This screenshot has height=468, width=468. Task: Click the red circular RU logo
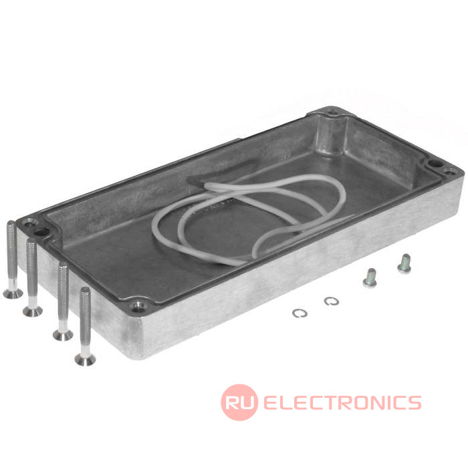pos(239,402)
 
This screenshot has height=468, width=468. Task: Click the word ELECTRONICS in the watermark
pos(342,402)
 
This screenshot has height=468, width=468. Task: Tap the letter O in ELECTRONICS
pos(362,402)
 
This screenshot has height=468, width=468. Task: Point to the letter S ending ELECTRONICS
pos(415,402)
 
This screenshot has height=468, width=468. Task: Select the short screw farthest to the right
pos(404,263)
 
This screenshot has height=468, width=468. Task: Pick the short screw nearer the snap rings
pos(370,278)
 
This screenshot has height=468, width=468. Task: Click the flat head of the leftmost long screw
pos(13,293)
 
